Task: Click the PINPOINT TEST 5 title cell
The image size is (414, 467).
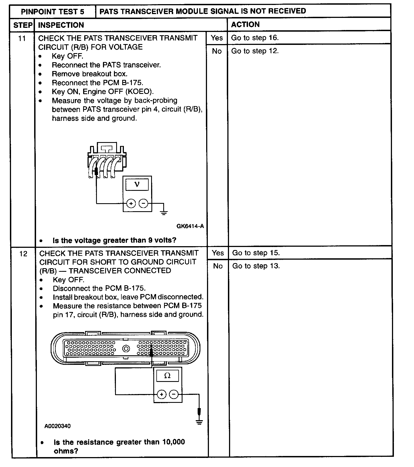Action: click(x=53, y=12)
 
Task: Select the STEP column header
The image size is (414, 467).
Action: click(x=23, y=25)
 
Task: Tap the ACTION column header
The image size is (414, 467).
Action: click(x=245, y=25)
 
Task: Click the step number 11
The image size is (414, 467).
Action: click(x=22, y=39)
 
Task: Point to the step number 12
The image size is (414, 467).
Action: click(x=23, y=254)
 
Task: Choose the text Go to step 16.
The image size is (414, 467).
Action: click(x=255, y=38)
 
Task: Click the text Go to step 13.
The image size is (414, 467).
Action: click(x=256, y=266)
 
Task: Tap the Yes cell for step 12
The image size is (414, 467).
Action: click(x=218, y=253)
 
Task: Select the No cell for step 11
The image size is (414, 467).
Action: click(x=217, y=51)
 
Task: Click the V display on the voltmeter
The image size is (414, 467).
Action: click(x=137, y=184)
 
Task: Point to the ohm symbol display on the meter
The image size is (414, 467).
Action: click(x=167, y=375)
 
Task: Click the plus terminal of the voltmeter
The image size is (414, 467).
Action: click(x=131, y=204)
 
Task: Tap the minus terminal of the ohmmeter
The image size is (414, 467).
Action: click(x=174, y=395)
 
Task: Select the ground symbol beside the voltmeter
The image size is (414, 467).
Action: click(x=164, y=212)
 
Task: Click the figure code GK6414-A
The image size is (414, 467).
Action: click(x=190, y=226)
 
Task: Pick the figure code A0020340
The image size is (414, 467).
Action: click(x=58, y=426)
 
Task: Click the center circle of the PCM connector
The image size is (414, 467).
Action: click(x=126, y=349)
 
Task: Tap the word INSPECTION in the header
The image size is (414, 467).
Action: click(x=61, y=25)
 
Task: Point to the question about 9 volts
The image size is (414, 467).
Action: click(x=114, y=240)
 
